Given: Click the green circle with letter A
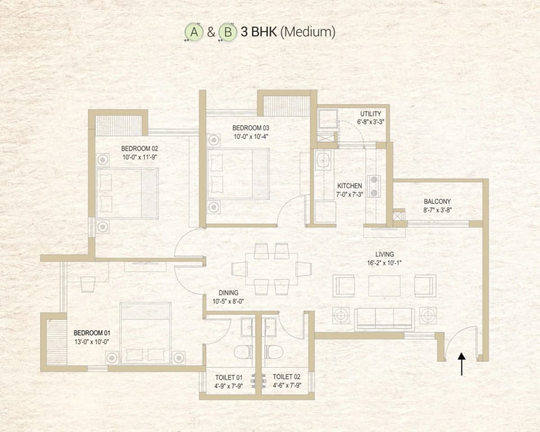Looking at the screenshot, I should click(194, 33).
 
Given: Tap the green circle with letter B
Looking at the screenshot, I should click(228, 33).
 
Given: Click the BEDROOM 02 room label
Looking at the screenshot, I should click(139, 148).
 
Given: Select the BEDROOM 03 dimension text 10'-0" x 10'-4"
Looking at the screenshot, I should click(251, 136).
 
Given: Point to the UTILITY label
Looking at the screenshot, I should click(370, 114).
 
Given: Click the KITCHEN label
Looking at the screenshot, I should click(350, 186).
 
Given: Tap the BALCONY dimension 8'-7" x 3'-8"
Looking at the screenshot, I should click(437, 210).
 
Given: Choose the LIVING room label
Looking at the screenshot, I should click(384, 255).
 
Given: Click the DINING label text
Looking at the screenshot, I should click(228, 293).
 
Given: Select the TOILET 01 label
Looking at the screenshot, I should click(229, 377).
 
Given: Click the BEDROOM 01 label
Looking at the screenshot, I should click(91, 333).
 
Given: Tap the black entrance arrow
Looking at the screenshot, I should click(461, 364).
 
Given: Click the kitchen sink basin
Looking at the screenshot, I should click(323, 160).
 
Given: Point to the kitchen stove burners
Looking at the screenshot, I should click(373, 186).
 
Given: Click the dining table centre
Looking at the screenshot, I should click(271, 269).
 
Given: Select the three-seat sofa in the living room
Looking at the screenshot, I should click(384, 319).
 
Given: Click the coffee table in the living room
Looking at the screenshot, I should click(384, 285).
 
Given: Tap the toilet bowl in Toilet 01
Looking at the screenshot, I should click(243, 351).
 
